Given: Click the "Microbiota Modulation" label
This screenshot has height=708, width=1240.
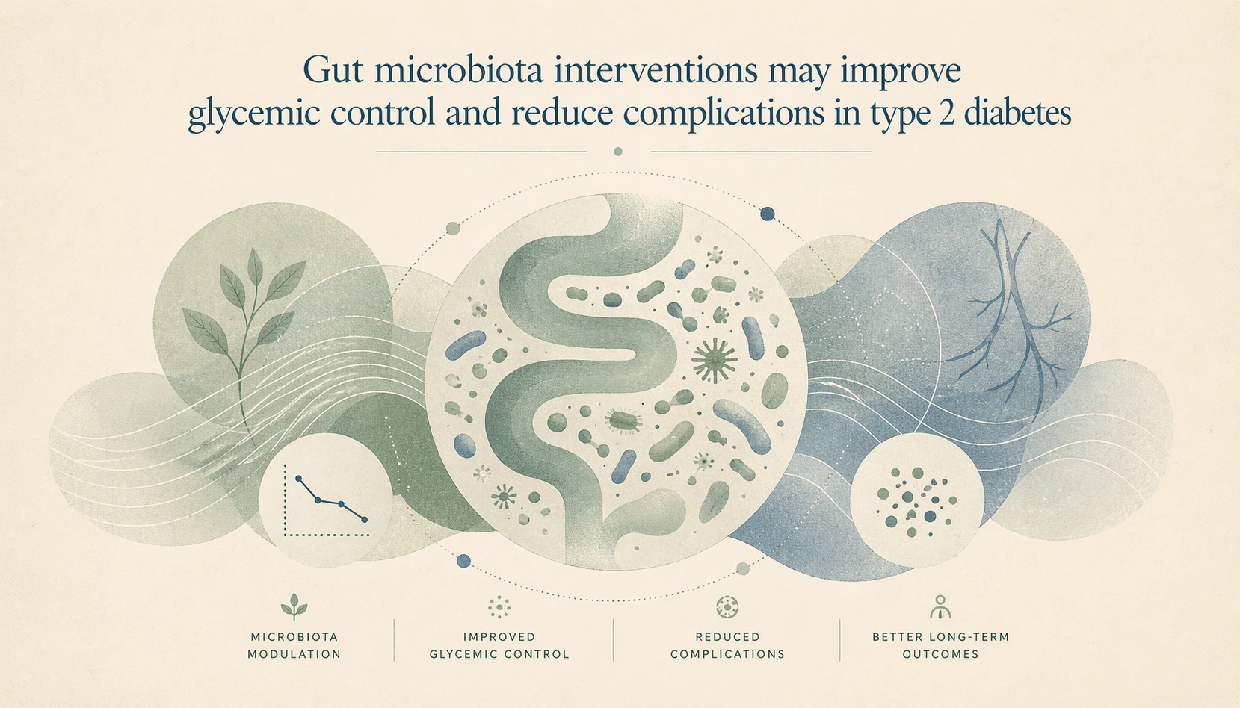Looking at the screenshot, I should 294,645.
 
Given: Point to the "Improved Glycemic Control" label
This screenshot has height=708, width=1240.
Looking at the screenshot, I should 499,645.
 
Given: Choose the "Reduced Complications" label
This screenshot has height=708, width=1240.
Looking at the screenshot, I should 727,645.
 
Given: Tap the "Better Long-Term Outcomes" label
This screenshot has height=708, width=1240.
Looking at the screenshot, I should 940,645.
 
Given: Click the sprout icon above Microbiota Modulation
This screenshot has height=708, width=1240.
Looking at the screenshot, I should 294,606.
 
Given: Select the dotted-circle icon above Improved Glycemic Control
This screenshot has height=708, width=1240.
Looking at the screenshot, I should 499,606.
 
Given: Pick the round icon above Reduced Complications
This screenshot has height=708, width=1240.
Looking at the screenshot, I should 727,606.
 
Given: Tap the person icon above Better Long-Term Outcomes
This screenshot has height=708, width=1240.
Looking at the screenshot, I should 940,606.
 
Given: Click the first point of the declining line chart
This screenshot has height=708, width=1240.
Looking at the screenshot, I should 299,478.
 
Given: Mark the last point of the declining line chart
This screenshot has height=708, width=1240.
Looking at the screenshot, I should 364,519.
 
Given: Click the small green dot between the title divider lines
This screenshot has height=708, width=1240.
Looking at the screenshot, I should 617,152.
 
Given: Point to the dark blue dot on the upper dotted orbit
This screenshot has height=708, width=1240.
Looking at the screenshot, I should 767,214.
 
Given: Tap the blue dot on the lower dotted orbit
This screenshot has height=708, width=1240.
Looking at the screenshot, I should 463,560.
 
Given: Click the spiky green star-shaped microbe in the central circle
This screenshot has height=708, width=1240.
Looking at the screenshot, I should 714,359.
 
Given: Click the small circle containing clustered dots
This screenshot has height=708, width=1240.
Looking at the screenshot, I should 916,500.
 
